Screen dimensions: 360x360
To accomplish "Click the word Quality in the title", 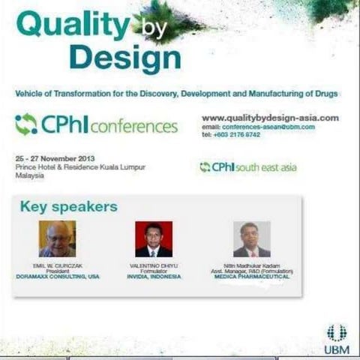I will tap(72, 25).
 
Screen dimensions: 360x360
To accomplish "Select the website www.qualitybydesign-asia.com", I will tap(270, 118).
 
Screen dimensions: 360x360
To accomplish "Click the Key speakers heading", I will tap(68, 206).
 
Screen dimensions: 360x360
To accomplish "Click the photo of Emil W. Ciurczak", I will tap(57, 238).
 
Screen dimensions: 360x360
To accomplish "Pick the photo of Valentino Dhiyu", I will tap(154, 239).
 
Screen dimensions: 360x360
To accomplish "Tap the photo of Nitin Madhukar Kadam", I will tap(251, 239).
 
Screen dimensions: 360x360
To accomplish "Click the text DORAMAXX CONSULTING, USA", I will tap(57, 276).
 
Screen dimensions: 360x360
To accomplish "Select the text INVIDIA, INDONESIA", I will tap(154, 276).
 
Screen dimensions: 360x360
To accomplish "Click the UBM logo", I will tap(337, 338).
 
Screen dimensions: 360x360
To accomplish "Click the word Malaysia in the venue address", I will tap(29, 175).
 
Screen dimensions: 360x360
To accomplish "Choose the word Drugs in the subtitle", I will tap(325, 94).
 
